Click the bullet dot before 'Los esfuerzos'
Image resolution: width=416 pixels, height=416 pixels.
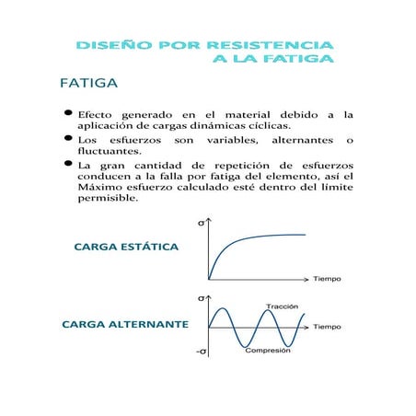(67, 138)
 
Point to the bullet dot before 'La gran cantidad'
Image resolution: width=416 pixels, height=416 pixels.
(67, 164)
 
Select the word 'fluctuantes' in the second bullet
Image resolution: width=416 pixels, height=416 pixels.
(110, 151)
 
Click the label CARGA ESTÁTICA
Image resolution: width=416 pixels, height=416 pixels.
(125, 247)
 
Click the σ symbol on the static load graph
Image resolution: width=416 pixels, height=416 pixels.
(202, 223)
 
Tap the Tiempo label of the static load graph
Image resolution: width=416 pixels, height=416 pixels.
(327, 278)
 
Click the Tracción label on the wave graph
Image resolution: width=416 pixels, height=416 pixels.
(282, 306)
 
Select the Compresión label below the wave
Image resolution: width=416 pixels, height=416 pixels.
(268, 351)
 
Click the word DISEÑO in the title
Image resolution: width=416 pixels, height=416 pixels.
(111, 45)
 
